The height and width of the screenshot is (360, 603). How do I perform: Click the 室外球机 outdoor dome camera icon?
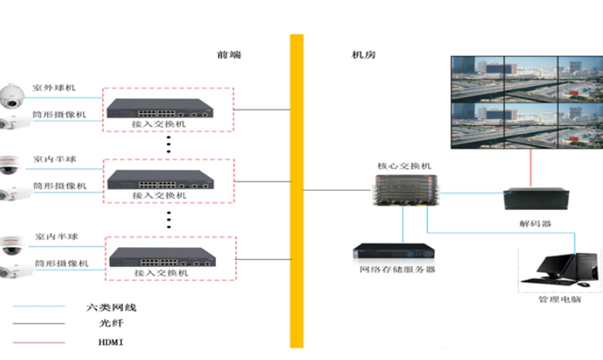pos(14,95)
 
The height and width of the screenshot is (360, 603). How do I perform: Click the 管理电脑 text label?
pos(559,300)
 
